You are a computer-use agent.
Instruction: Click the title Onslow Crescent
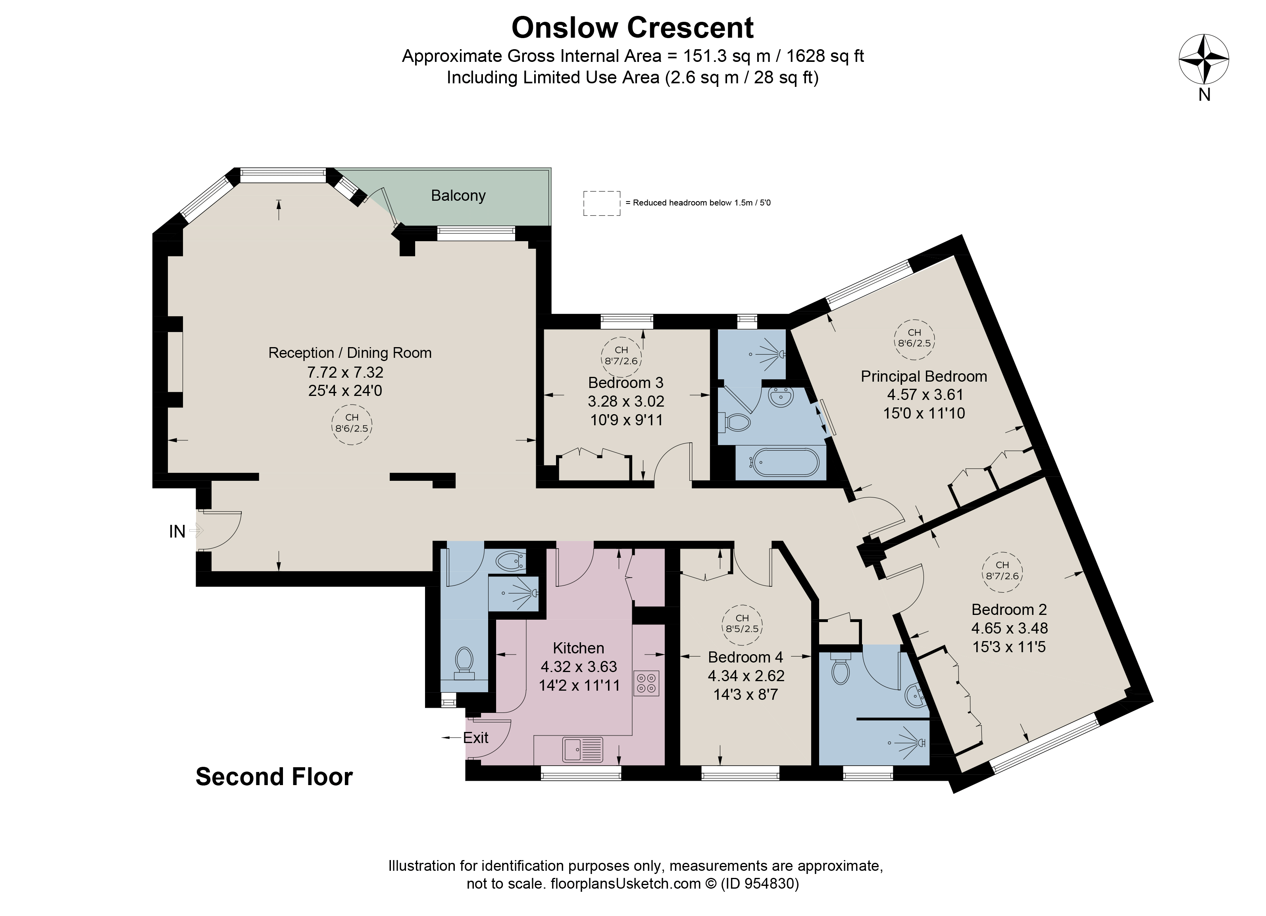633,27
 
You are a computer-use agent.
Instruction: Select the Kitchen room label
578,648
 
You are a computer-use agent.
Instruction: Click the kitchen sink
583,749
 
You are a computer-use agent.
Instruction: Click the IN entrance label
177,532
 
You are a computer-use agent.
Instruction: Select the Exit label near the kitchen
475,737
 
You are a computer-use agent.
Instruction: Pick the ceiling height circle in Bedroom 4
742,623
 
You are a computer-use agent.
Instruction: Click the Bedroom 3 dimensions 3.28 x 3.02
626,401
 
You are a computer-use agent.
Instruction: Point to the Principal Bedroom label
924,376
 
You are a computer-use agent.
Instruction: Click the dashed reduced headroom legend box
602,203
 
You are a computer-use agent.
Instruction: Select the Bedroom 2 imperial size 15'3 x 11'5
1009,647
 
